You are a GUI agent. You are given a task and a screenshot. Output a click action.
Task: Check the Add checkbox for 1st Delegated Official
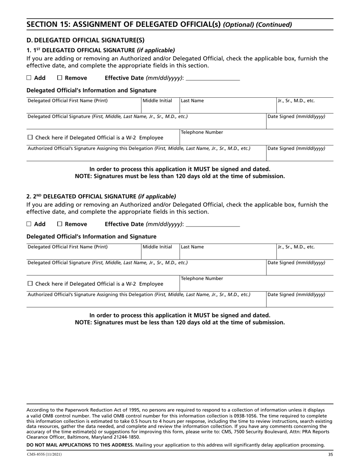click(x=29, y=78)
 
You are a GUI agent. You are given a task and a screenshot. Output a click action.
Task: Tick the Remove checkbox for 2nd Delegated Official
click(x=59, y=224)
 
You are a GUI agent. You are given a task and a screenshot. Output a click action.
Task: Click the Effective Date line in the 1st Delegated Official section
click(x=213, y=78)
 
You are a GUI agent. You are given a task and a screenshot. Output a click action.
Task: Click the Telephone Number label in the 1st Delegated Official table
click(x=202, y=133)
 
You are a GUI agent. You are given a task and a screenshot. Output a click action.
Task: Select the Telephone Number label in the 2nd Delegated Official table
click(x=202, y=278)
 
